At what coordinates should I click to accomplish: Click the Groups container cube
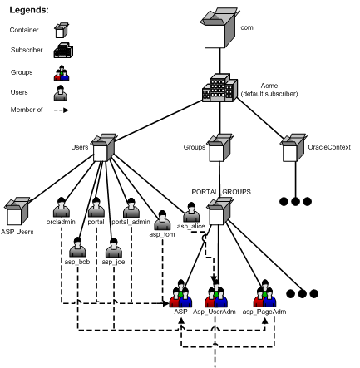click(216, 149)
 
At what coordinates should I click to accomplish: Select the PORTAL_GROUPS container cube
click(216, 211)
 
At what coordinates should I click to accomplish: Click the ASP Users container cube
click(17, 212)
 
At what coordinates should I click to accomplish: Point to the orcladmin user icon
click(62, 207)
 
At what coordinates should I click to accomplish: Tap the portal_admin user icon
click(130, 207)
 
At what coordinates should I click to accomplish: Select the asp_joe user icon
click(112, 248)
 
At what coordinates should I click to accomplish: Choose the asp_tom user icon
click(160, 219)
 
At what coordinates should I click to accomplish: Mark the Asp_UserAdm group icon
click(215, 295)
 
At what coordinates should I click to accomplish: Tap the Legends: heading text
click(28, 11)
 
